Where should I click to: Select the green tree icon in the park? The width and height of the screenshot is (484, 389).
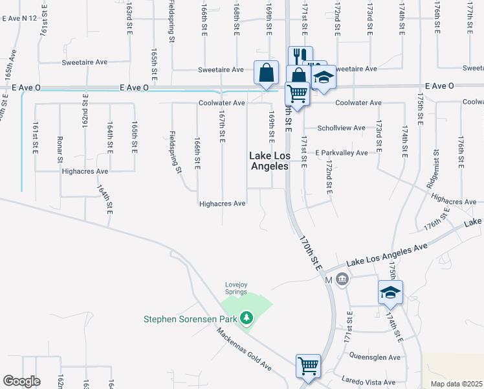coord(246,318)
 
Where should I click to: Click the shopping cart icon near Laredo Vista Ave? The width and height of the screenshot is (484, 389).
coord(308,366)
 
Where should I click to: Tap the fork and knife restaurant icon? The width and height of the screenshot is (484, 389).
coord(298,56)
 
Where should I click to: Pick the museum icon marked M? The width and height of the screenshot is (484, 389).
coord(342,280)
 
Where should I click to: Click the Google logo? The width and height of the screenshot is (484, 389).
coord(21,381)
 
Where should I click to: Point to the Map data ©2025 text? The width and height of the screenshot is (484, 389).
coord(456,383)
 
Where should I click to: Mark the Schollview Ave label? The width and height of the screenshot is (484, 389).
coord(341,128)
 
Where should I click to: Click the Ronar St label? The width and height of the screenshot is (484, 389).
coord(60,150)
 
